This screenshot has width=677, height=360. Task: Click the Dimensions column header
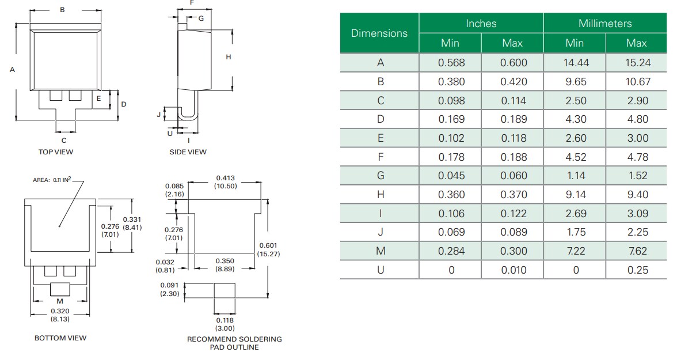(379, 33)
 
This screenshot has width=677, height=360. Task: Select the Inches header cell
(481, 24)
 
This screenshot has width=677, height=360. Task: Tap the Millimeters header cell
(605, 24)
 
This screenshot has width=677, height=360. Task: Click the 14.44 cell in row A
(575, 63)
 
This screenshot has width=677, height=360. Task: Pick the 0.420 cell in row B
(513, 82)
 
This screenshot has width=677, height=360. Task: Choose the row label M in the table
(380, 251)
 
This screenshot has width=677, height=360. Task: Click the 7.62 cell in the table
(637, 251)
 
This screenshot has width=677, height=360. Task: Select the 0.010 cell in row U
(513, 270)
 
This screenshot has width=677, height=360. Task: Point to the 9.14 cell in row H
(575, 195)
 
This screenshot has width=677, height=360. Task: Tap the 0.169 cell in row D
(451, 119)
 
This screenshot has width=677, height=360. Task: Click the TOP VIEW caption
(56, 152)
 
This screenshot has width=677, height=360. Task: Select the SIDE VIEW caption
(188, 152)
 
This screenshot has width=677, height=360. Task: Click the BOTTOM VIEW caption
(60, 338)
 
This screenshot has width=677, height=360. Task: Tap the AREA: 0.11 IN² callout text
(52, 180)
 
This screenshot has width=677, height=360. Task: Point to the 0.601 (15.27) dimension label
(268, 249)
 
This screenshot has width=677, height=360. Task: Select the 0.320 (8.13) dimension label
(60, 314)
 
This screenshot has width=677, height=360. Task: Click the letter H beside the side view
(228, 56)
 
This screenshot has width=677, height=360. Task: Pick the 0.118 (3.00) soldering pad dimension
(225, 324)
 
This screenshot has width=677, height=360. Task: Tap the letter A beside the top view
(12, 69)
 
